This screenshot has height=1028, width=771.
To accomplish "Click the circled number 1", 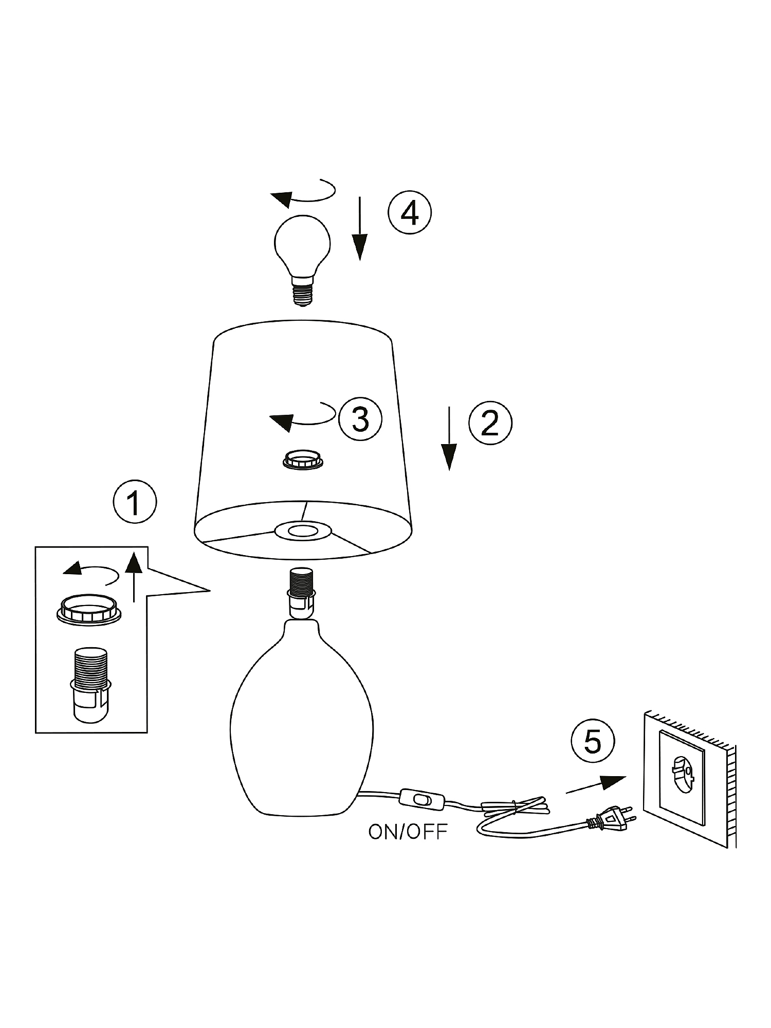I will click(x=134, y=502).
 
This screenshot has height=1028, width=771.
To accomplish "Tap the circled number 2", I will click(x=490, y=423).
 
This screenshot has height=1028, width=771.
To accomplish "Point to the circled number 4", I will click(x=409, y=212).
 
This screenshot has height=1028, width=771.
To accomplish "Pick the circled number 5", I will click(x=592, y=741).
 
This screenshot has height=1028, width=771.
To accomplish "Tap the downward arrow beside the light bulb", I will click(x=359, y=228).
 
